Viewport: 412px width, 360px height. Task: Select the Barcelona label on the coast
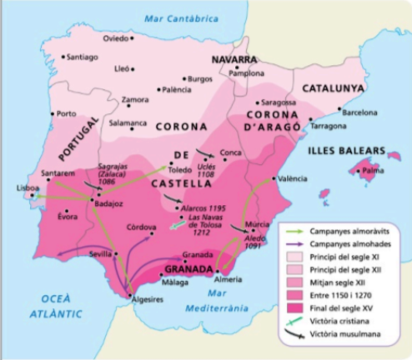359,112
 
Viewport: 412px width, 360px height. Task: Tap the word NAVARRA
235,61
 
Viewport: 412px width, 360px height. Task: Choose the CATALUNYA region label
332,87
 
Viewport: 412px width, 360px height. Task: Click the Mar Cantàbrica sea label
181,18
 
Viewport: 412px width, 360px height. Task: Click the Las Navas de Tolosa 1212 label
209,223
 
